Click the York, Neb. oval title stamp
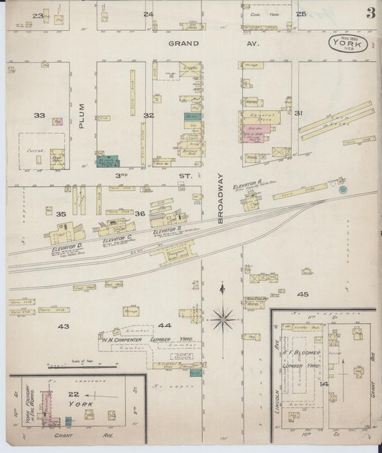click(349, 44)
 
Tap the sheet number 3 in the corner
click(371, 13)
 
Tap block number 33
click(39, 115)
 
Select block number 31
click(298, 113)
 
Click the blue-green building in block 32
click(108, 162)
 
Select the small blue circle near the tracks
click(343, 189)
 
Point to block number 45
click(303, 295)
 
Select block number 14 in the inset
click(324, 384)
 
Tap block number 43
click(63, 326)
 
